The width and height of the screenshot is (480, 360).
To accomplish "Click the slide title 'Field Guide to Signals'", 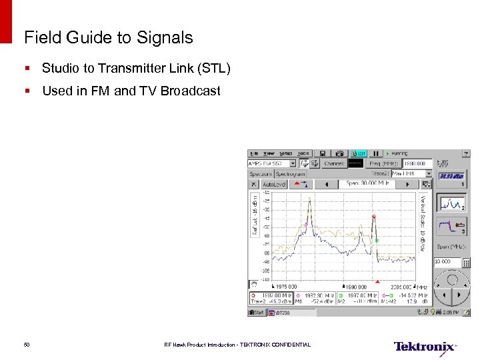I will click(108, 38).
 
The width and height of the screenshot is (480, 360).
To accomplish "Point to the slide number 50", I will click(27, 345).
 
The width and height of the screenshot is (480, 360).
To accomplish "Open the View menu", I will click(269, 153).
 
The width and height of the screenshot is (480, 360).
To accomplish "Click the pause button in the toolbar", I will click(375, 153).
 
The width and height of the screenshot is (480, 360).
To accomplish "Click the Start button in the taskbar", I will click(257, 312).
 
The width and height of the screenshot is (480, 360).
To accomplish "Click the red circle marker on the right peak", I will click(374, 217).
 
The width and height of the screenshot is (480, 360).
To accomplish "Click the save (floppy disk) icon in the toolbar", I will click(322, 153).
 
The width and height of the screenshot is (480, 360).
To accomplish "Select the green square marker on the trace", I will click(377, 240).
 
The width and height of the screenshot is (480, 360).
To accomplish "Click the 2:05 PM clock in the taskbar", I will click(451, 312).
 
